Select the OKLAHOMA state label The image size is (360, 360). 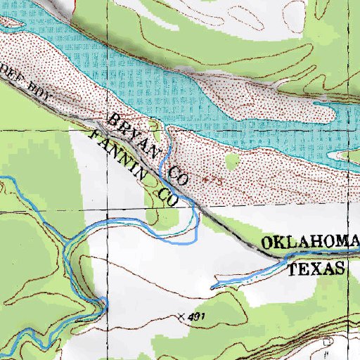click(x=310, y=243)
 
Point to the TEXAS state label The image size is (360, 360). click(x=319, y=269)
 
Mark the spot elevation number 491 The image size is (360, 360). click(x=196, y=318)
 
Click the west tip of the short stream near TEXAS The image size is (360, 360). click(x=212, y=287)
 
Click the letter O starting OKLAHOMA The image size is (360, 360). click(x=267, y=245)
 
